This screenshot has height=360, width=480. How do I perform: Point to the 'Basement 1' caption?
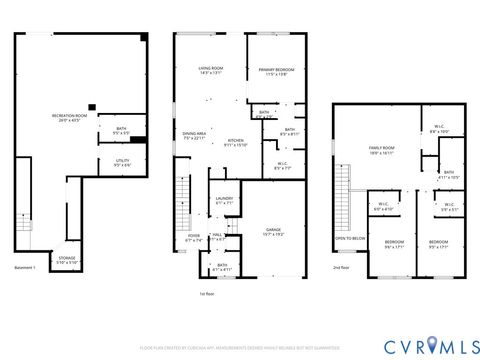pyautogui.click(x=24, y=268)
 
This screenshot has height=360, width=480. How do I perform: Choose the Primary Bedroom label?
pyautogui.click(x=273, y=72)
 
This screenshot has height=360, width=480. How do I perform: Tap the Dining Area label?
pyautogui.click(x=194, y=135)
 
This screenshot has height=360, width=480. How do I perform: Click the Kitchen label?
pyautogui.click(x=235, y=143)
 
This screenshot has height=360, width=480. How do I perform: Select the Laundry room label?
pyautogui.click(x=224, y=200)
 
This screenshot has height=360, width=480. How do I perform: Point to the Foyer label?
pyautogui.click(x=193, y=238)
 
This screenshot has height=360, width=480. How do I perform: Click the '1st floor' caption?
pyautogui.click(x=208, y=294)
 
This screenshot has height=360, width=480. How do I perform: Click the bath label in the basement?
pyautogui.click(x=120, y=129)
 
